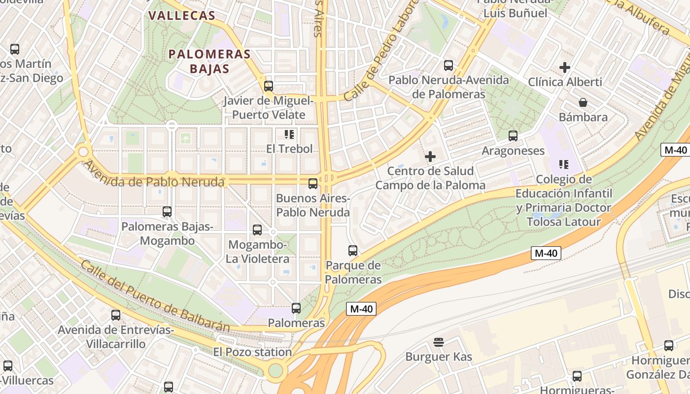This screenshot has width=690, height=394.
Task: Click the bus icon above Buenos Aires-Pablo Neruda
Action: [x=313, y=184]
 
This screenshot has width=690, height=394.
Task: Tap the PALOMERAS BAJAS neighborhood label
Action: [x=209, y=61]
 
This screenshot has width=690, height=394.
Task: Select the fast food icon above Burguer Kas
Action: [x=439, y=342]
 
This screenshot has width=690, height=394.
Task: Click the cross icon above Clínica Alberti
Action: [x=565, y=67]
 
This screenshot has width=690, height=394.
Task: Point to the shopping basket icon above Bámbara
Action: [x=583, y=102]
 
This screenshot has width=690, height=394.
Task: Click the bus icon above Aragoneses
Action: [x=513, y=135]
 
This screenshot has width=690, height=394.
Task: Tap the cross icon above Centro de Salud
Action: [x=430, y=157]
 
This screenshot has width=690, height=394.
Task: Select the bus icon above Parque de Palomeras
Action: [x=353, y=250]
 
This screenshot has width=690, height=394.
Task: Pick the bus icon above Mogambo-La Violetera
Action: [x=257, y=230]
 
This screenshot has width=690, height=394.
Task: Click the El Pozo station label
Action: [x=252, y=352]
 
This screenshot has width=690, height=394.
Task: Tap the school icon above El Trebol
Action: [x=289, y=134]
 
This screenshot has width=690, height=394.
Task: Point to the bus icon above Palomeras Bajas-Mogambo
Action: [x=167, y=212]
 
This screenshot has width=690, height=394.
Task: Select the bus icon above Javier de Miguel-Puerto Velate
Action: [x=269, y=86]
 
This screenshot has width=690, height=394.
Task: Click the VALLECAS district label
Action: [x=182, y=15]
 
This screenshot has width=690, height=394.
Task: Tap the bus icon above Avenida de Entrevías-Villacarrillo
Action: [x=116, y=315]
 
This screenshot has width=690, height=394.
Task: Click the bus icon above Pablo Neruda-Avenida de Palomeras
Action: [x=448, y=65]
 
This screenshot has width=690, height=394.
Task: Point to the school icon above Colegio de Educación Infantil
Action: [x=564, y=164]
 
